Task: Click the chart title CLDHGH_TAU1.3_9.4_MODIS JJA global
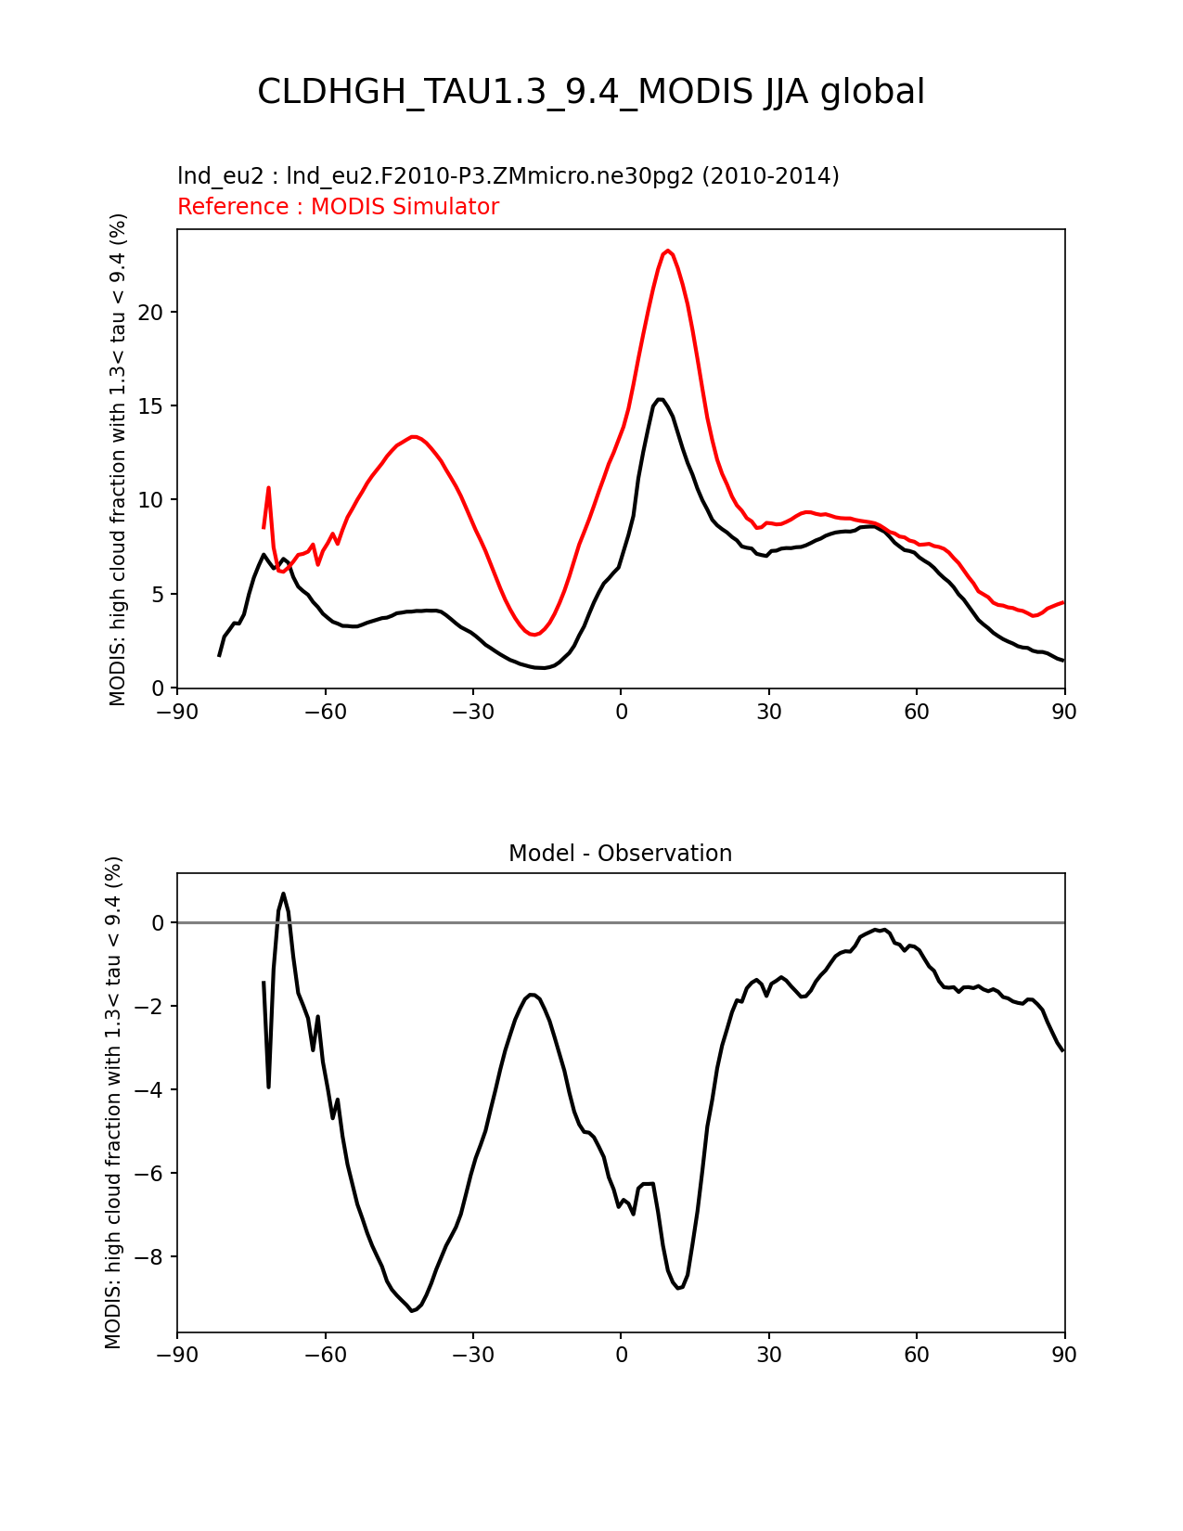[591, 92]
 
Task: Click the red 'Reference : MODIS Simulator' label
[338, 207]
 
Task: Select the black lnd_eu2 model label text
[508, 175]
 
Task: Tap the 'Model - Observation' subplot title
[620, 854]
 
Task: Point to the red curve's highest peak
[668, 251]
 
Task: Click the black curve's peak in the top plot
[660, 399]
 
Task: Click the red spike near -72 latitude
[268, 487]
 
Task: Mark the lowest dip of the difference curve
[411, 1310]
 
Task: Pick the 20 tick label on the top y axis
[150, 313]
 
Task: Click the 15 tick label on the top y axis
[150, 406]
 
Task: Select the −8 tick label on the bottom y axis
[148, 1257]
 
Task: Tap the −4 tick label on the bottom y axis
[148, 1090]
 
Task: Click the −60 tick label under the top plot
[325, 712]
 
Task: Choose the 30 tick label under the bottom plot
[768, 1355]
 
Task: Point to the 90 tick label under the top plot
[1064, 712]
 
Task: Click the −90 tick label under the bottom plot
[177, 1355]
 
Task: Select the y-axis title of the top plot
[118, 459]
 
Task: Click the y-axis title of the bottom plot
[113, 1102]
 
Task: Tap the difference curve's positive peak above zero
[283, 894]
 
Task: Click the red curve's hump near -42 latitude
[414, 436]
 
